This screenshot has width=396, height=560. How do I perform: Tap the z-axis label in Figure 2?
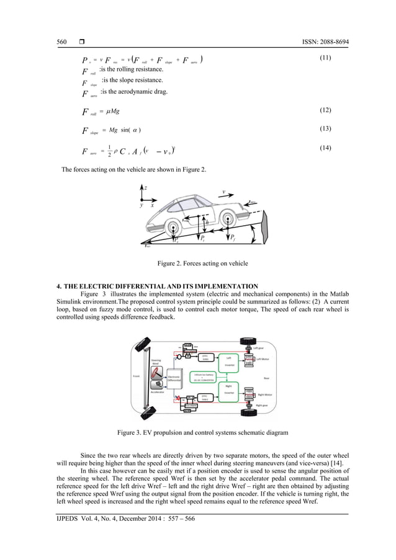(x=145, y=187)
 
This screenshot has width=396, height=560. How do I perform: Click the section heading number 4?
(x=59, y=285)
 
